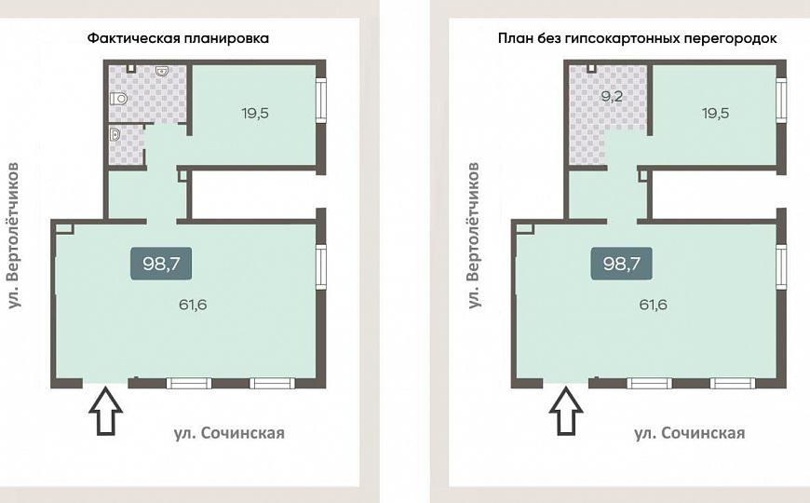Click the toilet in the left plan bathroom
[118, 99]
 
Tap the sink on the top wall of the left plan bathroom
[162, 70]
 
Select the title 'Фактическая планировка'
[178, 39]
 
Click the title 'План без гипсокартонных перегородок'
[638, 39]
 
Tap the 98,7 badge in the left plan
[161, 264]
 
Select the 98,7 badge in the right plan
[621, 264]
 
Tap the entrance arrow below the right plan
[565, 413]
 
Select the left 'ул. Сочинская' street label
[229, 432]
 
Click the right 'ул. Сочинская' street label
[689, 432]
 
